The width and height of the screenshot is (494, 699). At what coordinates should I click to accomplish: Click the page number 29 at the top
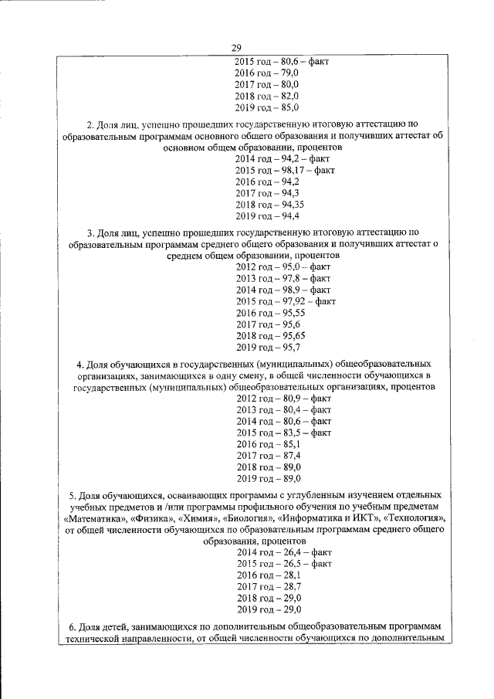[x=246, y=48]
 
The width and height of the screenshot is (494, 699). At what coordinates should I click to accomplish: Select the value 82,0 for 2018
[x=288, y=95]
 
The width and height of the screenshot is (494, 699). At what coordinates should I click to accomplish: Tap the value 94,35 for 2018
[x=291, y=205]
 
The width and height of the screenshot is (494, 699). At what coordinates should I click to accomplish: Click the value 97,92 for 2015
[x=293, y=300]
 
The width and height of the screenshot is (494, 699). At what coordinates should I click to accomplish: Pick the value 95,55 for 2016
[x=291, y=313]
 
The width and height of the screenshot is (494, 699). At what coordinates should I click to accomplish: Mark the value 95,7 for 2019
[x=288, y=348]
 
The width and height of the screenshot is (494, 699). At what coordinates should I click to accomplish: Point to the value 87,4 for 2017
[x=288, y=456]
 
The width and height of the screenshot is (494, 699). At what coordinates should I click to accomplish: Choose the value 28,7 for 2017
[x=288, y=588]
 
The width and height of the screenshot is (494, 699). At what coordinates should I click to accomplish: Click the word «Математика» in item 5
[x=92, y=517]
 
